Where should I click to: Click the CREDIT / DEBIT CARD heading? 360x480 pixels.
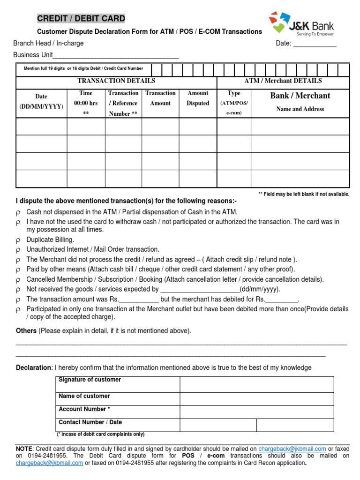coord(81,19)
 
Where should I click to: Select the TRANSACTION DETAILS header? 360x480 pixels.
coord(116,81)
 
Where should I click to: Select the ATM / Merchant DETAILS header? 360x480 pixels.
coord(283,81)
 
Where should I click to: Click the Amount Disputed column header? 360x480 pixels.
coord(198,98)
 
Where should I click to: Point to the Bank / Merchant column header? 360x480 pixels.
coord(300,96)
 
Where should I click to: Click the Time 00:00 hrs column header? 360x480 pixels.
coord(86,103)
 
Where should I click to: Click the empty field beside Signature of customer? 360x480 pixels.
coord(256,384)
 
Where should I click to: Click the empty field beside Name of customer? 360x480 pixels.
coord(256,399)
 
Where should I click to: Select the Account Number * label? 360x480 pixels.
coord(84,409)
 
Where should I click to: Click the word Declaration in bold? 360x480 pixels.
coord(34,367)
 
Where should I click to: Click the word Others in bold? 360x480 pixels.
coord(26,331)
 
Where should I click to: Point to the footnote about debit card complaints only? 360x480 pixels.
coord(101,434)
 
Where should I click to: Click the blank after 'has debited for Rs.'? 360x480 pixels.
coord(281,299)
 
